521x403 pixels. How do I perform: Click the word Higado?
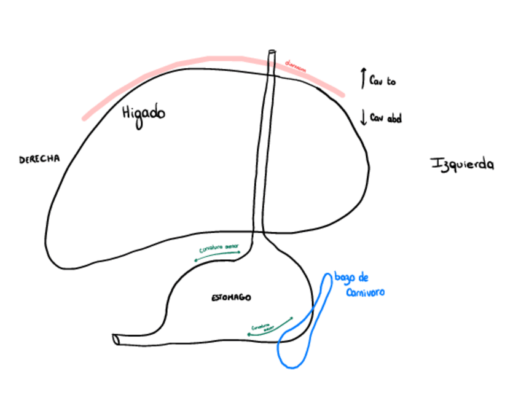pos(144,115)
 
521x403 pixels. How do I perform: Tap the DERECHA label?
pos(39,159)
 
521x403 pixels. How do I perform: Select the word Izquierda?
pos(462,164)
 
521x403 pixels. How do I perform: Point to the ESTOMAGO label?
pos(231,298)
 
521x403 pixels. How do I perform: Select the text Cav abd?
pos(386,118)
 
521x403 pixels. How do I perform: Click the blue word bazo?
pos(343,278)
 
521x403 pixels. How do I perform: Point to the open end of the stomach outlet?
pos(116,339)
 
